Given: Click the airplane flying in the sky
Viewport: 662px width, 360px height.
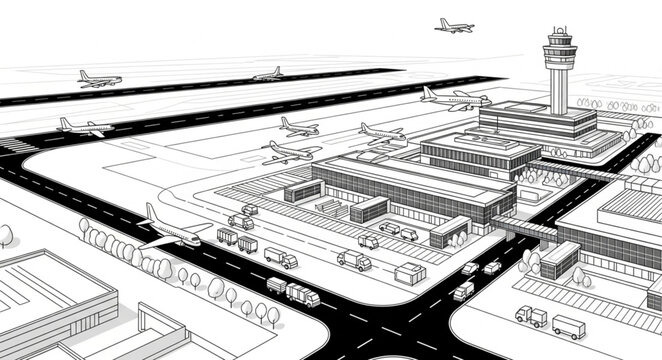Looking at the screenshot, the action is point(454,25).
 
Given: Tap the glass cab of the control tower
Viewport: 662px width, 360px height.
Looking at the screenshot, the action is point(559,44).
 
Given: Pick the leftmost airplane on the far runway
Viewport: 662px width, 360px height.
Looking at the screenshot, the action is point(98,78).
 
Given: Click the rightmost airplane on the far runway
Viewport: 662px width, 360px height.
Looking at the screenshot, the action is point(268,74).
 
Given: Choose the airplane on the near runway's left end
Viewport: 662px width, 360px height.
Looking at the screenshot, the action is point(84,126).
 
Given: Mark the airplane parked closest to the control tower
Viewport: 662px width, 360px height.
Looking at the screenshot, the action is point(455,98).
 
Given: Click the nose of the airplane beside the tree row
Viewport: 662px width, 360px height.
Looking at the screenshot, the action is point(196,241).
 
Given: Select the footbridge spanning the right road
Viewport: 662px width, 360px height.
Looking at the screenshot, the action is point(524,231).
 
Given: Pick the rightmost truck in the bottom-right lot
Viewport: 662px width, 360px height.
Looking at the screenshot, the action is point(568,326).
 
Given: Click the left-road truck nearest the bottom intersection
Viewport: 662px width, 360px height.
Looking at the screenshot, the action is point(302,294).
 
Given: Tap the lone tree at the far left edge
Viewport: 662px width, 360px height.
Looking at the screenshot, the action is point(6,236).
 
